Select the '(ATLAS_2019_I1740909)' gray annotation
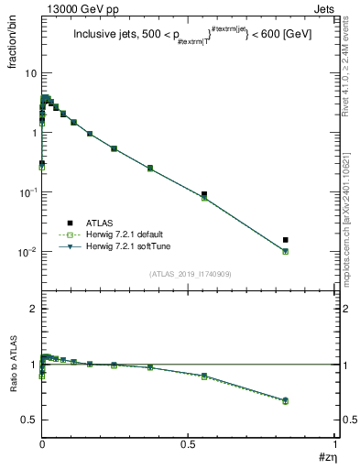[x=190, y=274]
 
